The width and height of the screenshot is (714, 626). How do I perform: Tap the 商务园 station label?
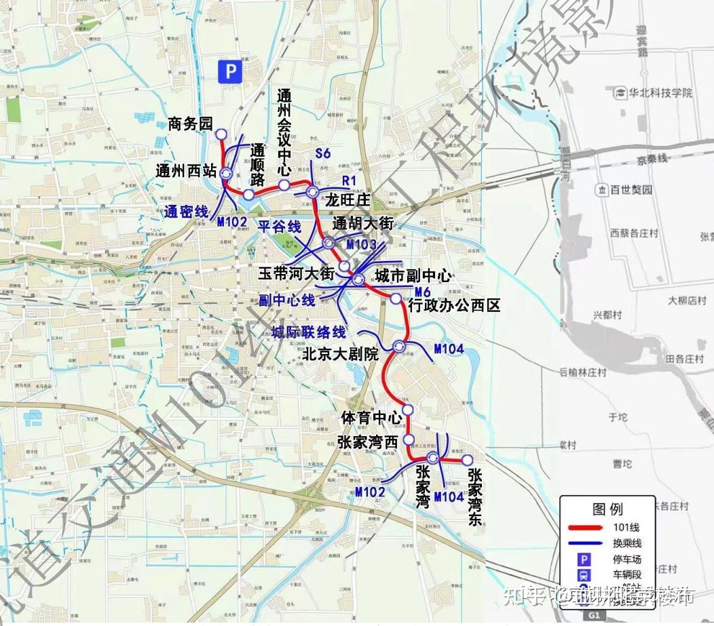pyautogui.click(x=190, y=123)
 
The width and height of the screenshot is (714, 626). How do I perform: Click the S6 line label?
pyautogui.click(x=323, y=154)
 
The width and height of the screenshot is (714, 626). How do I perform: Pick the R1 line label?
pyautogui.click(x=350, y=180)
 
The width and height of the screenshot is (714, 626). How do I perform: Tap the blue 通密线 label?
pyautogui.click(x=186, y=212)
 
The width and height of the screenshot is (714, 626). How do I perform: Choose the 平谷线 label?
pyautogui.click(x=279, y=226)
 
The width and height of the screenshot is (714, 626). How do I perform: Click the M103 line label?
pyautogui.click(x=361, y=244)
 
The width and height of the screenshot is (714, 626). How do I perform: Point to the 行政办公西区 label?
pyautogui.click(x=454, y=305)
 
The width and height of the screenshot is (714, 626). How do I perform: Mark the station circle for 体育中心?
pyautogui.click(x=408, y=410)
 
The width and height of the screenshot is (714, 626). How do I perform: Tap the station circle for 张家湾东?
pyautogui.click(x=468, y=460)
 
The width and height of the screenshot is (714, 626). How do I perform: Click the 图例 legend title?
pyautogui.click(x=607, y=509)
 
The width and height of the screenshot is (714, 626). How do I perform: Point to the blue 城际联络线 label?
pyautogui.click(x=309, y=332)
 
